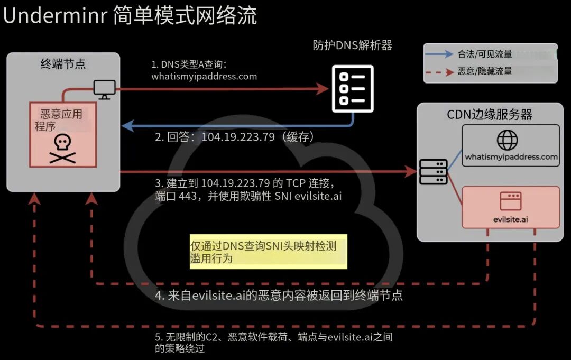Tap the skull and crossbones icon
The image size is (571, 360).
62,149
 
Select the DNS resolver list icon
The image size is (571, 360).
353,89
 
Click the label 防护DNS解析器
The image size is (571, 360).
353,45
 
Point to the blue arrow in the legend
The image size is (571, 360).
439,54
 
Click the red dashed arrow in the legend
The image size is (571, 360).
439,72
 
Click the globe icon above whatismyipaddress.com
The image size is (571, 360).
507,140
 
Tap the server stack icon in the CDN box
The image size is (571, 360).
433,172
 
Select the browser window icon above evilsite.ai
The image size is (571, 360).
511,201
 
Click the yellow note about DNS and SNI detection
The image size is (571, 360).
269,252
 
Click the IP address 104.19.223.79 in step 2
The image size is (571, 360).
238,137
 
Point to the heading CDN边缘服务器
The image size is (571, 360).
490,114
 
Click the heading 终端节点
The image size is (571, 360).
63,64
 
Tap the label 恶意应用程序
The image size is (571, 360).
58,120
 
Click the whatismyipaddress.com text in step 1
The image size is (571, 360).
204,77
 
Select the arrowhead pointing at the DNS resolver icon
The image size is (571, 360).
322,88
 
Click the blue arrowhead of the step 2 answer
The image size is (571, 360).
127,126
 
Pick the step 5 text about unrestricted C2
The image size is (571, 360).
274,343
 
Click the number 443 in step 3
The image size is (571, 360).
188,196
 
